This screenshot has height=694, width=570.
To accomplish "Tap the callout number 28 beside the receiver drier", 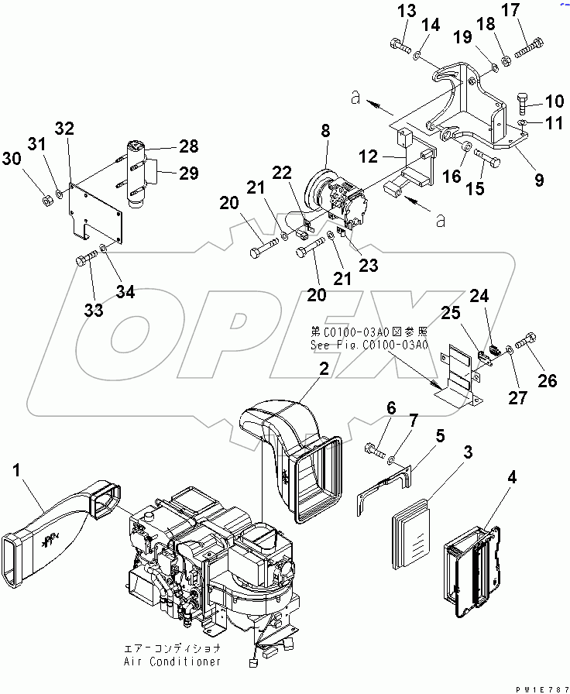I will click(x=189, y=146).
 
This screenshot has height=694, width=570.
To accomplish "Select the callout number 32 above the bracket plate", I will click(x=65, y=129).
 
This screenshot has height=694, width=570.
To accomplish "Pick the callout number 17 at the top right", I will click(x=532, y=11).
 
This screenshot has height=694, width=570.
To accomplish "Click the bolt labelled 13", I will click(x=400, y=47).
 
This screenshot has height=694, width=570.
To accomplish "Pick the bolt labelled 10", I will click(x=524, y=103).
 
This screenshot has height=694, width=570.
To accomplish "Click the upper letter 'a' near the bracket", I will click(x=355, y=98).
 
